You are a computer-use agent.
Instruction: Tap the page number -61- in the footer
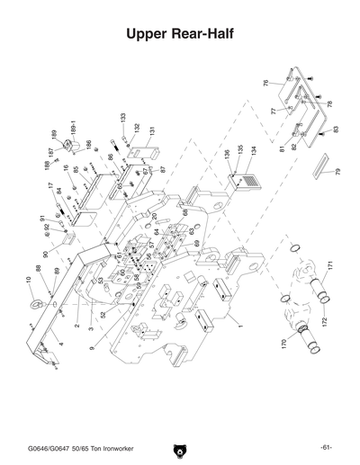pyautogui.click(x=326, y=447)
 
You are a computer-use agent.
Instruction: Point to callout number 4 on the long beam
pyautogui.click(x=58, y=344)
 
